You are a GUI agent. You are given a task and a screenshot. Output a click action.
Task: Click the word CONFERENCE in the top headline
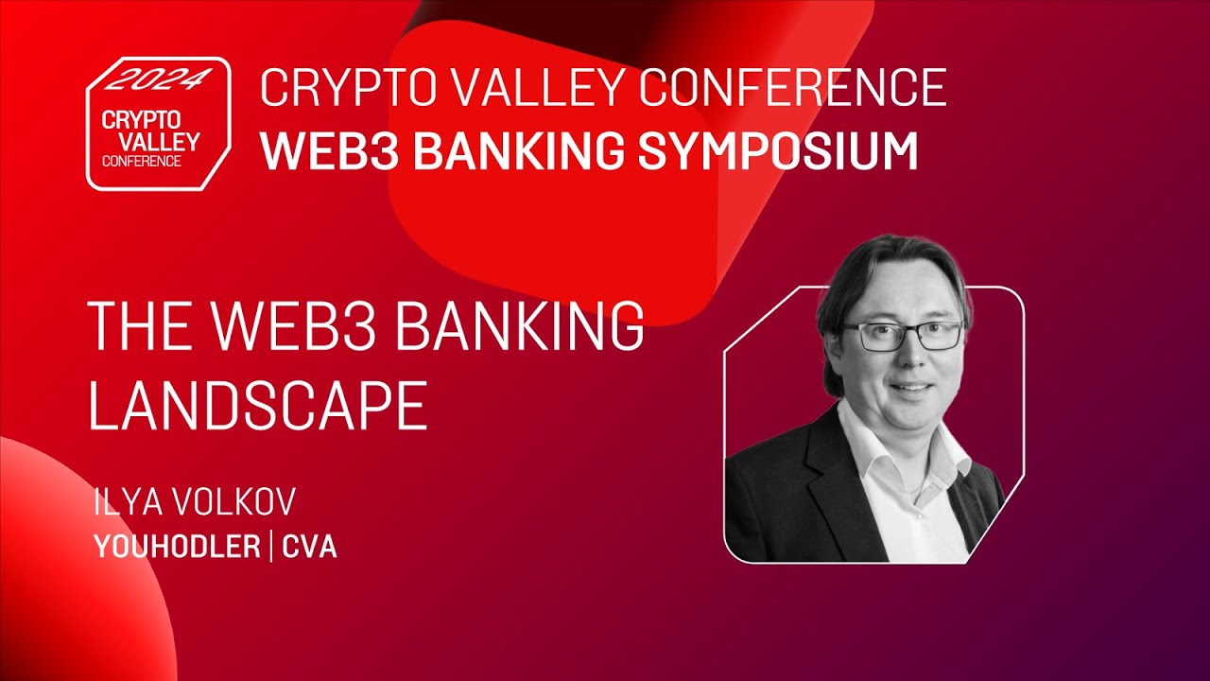tap(792, 88)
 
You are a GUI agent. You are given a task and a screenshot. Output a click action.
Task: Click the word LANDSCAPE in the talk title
tap(258, 406)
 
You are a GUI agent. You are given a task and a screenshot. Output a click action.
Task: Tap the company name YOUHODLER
tap(177, 547)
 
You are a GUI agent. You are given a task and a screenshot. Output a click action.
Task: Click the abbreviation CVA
tap(309, 547)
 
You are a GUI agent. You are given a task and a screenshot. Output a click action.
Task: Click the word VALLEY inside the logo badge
tap(151, 141)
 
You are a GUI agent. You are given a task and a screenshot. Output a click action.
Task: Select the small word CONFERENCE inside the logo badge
tap(142, 161)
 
